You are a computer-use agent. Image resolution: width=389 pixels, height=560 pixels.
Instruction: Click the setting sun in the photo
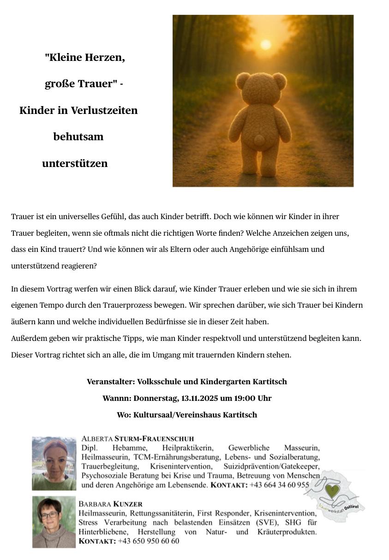pyautogui.click(x=265, y=45)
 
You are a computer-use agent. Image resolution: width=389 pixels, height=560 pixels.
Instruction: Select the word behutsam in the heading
pyautogui.click(x=78, y=137)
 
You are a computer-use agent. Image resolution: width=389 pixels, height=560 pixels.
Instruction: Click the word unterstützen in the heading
pyautogui.click(x=75, y=163)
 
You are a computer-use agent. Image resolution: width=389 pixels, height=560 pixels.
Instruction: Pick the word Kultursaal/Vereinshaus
pyautogui.click(x=177, y=415)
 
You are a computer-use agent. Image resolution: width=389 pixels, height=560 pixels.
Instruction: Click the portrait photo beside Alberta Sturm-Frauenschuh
pyautogui.click(x=54, y=463)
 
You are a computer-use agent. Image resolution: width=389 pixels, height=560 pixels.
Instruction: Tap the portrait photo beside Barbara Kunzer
pyautogui.click(x=54, y=522)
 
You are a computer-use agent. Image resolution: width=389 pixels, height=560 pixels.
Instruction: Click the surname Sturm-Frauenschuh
pyautogui.click(x=154, y=439)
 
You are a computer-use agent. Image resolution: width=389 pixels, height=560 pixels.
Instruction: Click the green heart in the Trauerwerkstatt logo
pyautogui.click(x=331, y=491)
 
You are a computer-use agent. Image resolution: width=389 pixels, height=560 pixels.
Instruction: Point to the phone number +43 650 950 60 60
pyautogui.click(x=149, y=541)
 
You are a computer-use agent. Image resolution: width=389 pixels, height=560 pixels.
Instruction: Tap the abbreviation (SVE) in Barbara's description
pyautogui.click(x=266, y=523)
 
